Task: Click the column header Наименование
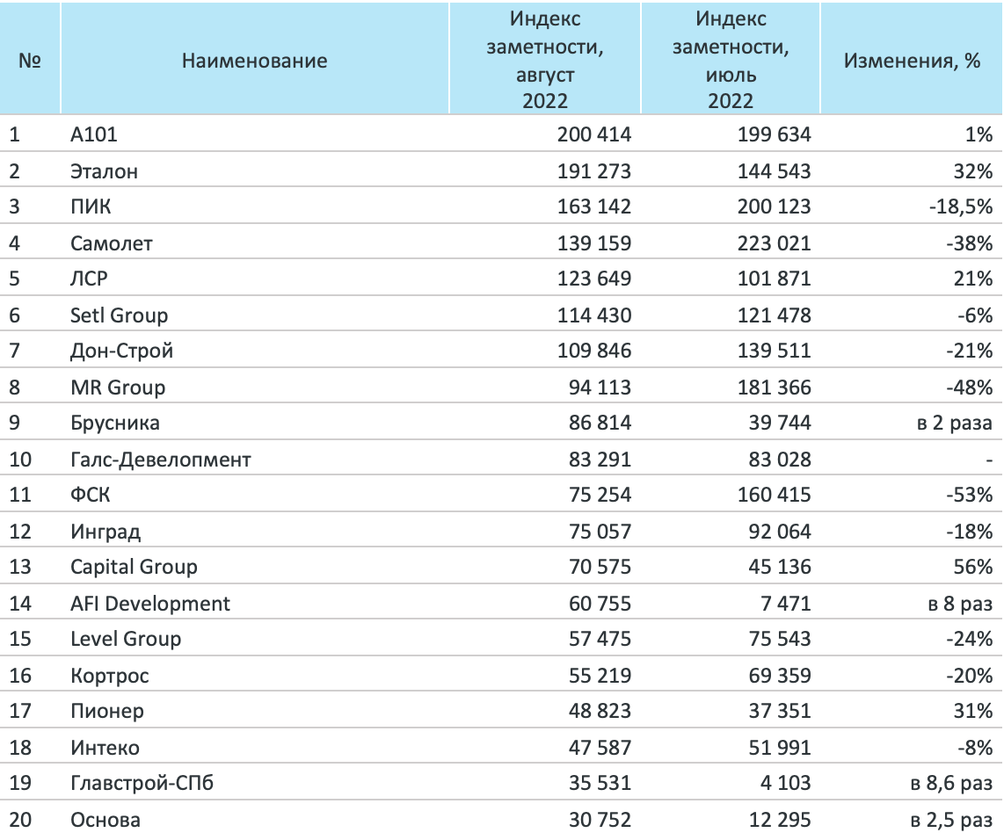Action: [254, 61]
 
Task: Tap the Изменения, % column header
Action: [912, 61]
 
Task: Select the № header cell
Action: [30, 61]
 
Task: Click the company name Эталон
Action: [104, 171]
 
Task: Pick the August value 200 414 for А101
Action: [594, 134]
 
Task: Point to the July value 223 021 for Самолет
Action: [775, 243]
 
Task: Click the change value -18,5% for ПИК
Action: [960, 206]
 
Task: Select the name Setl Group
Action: [119, 315]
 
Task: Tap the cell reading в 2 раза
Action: [955, 423]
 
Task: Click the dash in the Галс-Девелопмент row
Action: [989, 460]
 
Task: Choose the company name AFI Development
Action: [149, 604]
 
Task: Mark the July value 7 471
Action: [786, 604]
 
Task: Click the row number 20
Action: [20, 820]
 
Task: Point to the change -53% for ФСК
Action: [970, 495]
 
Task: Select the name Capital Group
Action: [134, 567]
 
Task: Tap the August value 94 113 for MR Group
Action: [600, 387]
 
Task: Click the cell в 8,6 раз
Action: [951, 782]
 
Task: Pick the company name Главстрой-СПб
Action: [142, 782]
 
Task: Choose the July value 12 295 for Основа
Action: [780, 820]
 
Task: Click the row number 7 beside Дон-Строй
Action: [14, 351]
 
